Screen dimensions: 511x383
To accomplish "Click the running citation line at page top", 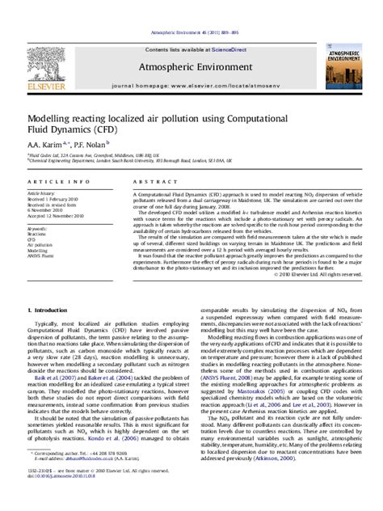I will coord(191,11).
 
